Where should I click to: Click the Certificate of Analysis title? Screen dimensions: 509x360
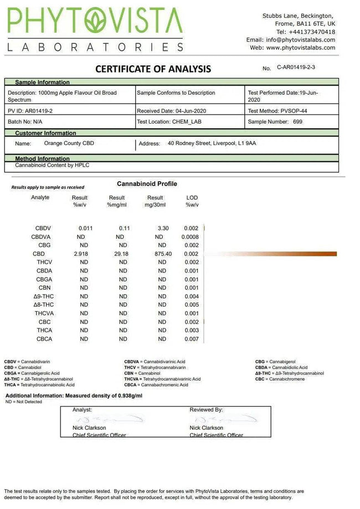(153, 69)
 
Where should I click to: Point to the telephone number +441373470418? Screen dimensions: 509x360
(311, 32)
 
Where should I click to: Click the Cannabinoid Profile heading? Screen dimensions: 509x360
(147, 184)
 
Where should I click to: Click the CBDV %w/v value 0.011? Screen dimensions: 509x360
(86, 228)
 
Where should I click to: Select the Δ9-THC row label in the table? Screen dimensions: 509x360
(44, 296)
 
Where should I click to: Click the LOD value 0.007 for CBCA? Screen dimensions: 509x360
(191, 339)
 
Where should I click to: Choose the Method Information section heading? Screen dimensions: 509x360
(42, 159)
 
